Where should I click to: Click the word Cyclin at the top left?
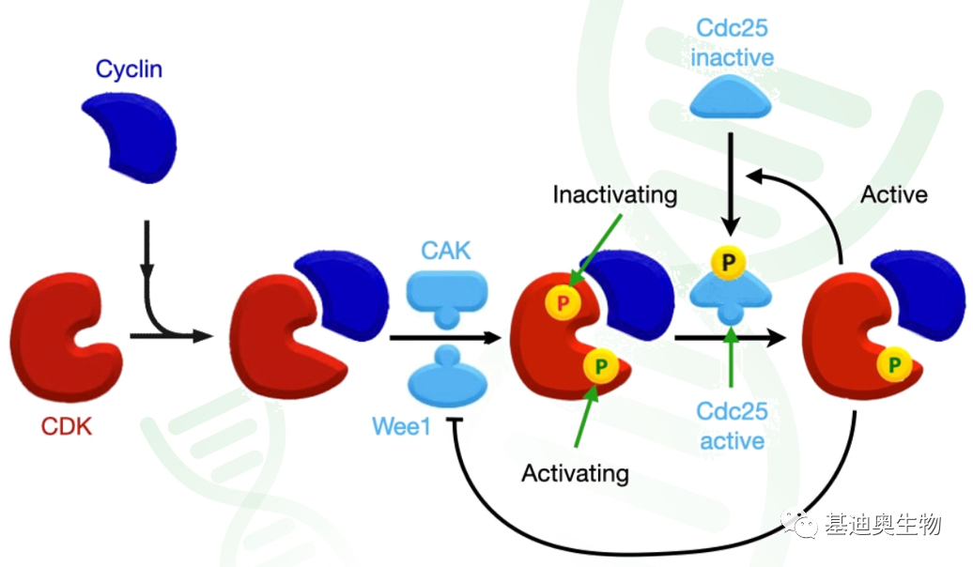(x=128, y=69)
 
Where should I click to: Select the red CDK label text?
(x=67, y=427)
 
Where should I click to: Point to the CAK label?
(x=446, y=250)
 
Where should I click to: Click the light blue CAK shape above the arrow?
(x=446, y=294)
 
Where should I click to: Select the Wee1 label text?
(x=401, y=427)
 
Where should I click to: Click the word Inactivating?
(x=614, y=195)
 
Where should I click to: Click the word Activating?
(x=575, y=472)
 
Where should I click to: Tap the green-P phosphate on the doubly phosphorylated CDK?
(x=600, y=363)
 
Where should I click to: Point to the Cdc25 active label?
(x=732, y=425)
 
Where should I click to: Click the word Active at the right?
(x=893, y=194)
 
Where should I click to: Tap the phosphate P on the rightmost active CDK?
(x=894, y=362)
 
